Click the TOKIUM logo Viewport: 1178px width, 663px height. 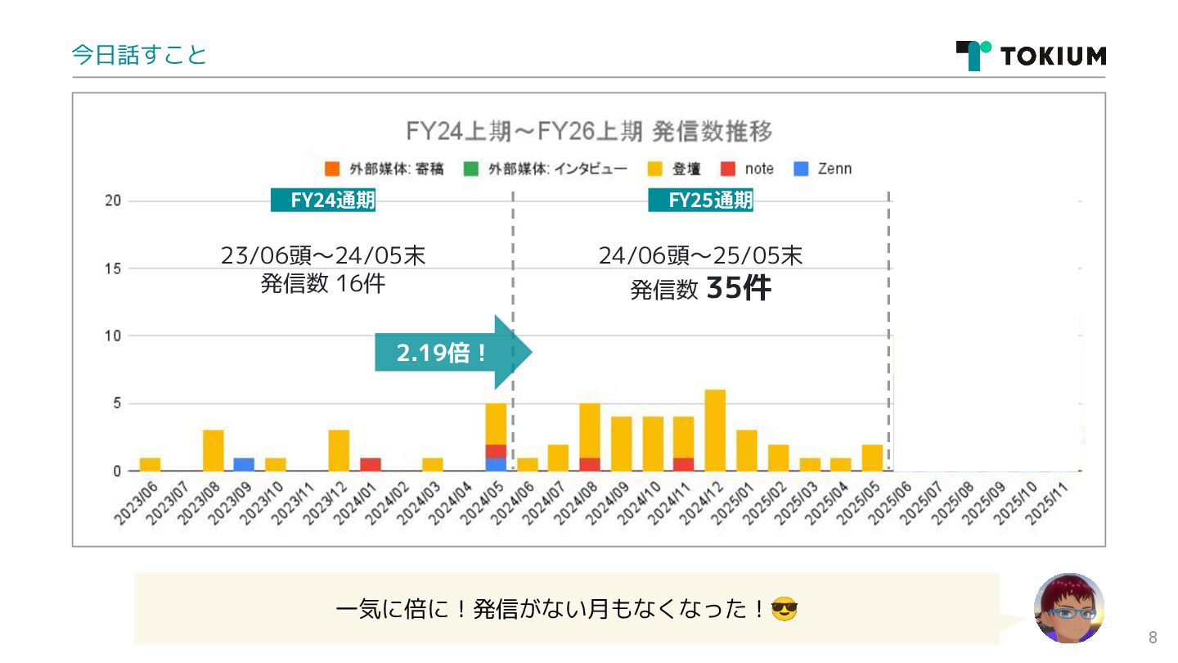1031,56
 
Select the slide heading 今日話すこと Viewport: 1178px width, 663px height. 139,55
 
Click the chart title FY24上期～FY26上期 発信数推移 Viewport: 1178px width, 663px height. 589,131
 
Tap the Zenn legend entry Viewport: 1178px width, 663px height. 824,169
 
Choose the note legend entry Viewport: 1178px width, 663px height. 748,169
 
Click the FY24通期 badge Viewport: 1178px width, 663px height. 323,201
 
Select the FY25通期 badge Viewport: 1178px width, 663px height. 701,201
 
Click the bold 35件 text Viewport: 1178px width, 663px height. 738,288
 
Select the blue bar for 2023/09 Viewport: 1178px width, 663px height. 244,464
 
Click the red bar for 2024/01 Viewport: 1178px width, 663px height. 371,464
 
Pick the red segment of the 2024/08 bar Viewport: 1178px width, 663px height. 590,464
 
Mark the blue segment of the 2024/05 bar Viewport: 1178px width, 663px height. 496,464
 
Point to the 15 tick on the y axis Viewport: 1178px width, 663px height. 114,268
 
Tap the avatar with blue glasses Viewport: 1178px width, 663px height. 1069,607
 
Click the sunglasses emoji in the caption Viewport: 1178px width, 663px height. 785,609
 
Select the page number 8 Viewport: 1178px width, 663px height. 1153,638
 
